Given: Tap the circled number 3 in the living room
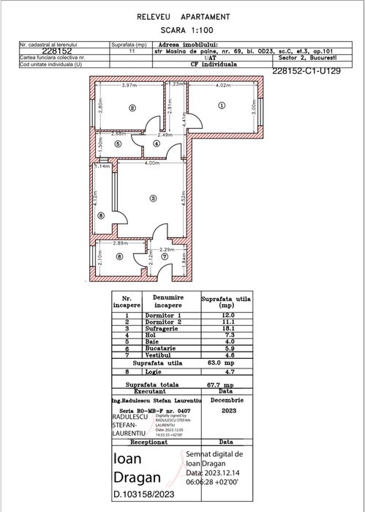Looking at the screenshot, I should tap(153, 198).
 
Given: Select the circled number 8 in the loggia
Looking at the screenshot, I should tap(101, 215).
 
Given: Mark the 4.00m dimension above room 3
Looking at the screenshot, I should tap(152, 163).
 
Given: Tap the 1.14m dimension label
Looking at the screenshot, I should tap(103, 166).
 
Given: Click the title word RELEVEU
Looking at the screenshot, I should tap(157, 15).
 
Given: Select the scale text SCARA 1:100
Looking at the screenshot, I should tap(183, 31).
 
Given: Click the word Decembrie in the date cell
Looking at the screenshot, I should tap(225, 401).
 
